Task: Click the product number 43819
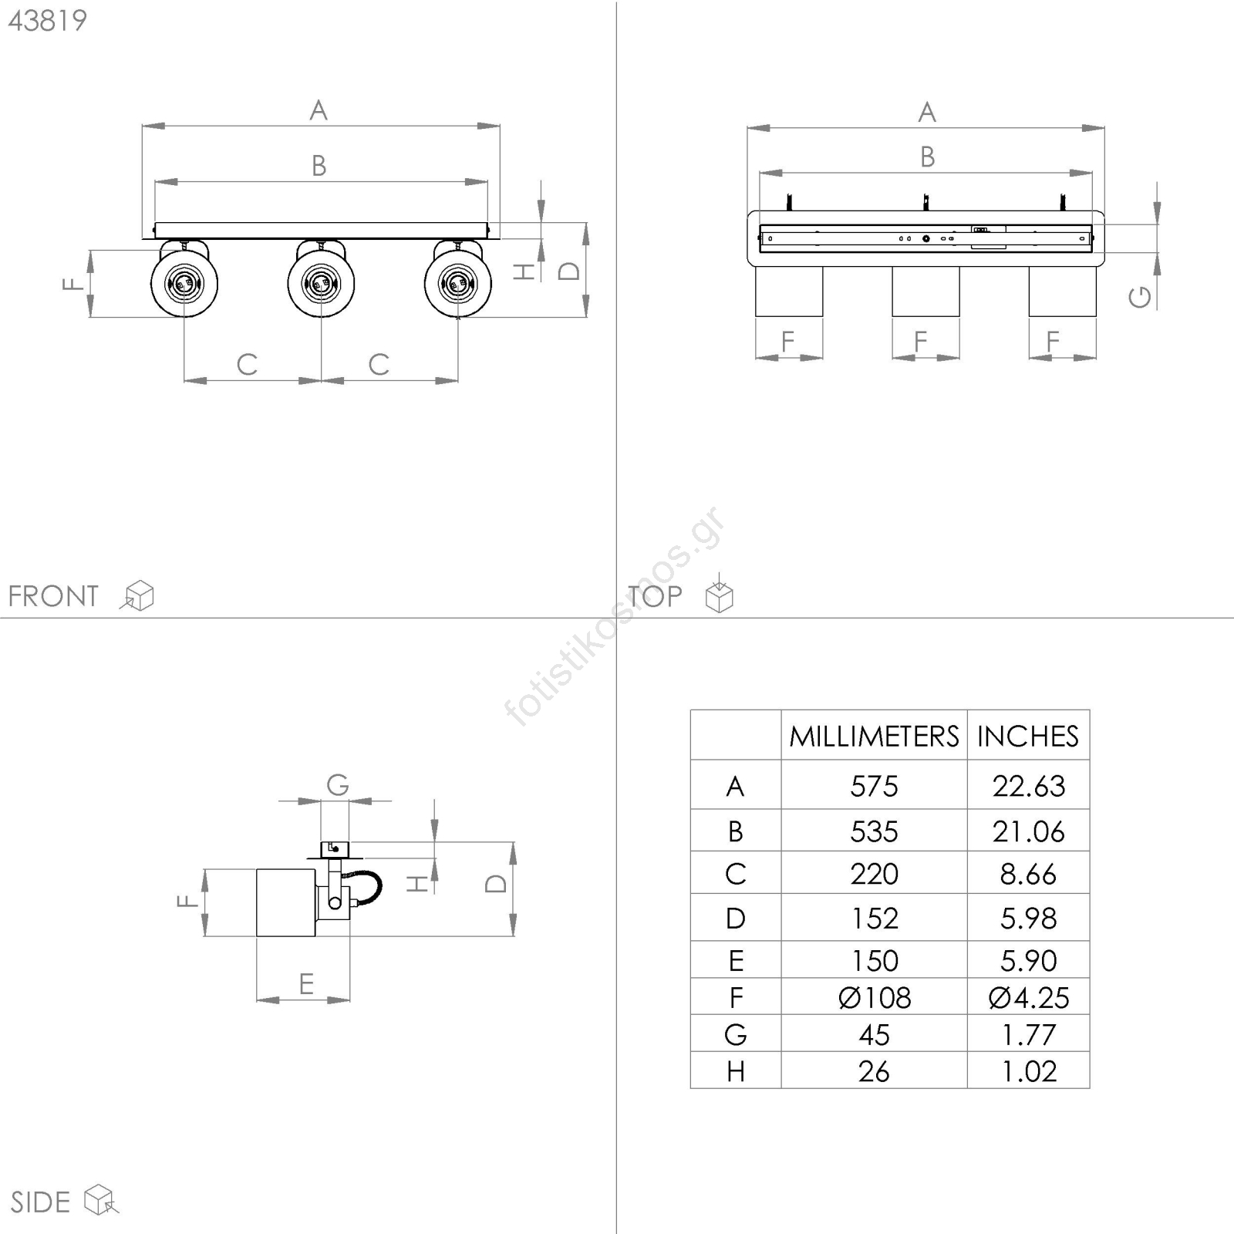click(48, 21)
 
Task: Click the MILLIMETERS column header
click(874, 737)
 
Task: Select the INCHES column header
click(1028, 737)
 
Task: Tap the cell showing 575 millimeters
click(874, 786)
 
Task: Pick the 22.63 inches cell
click(1029, 786)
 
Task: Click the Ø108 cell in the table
click(875, 998)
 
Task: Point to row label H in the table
click(735, 1071)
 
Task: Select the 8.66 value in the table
click(1029, 874)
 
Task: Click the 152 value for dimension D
click(874, 919)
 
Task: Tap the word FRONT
click(53, 596)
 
